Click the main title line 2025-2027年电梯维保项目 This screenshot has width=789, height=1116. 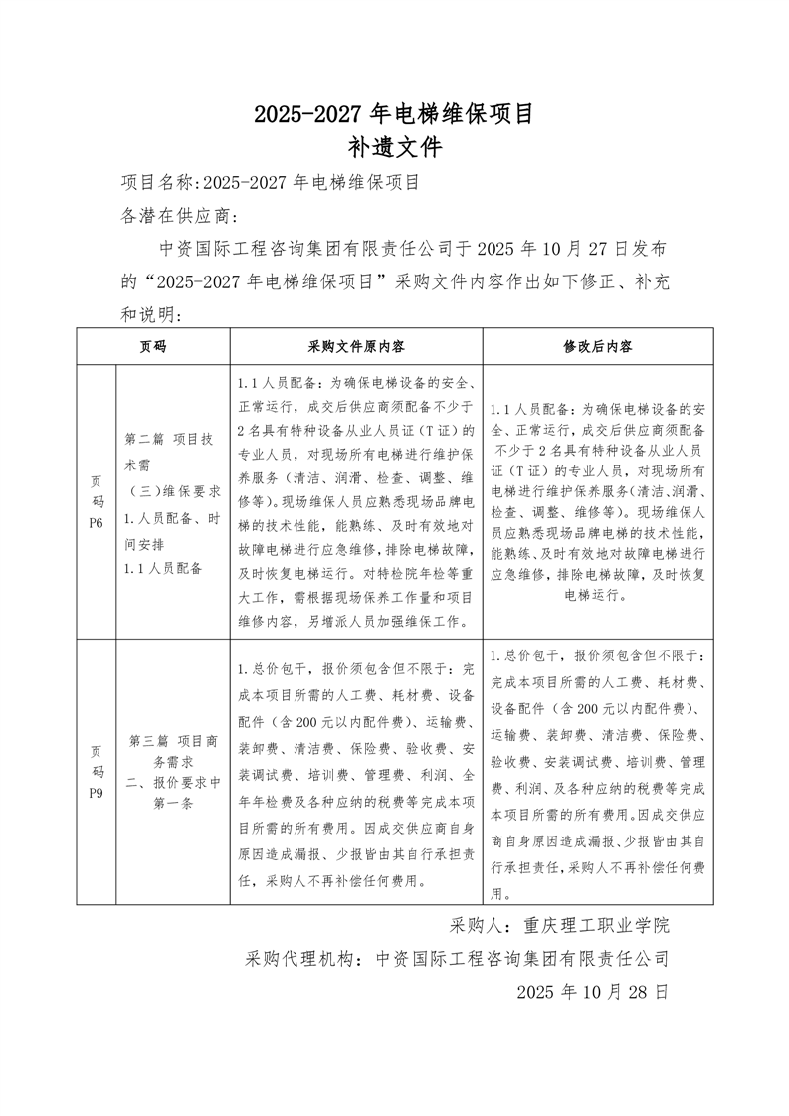click(x=394, y=114)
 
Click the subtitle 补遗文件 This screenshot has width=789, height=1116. click(x=394, y=148)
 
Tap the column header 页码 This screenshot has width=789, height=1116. click(x=153, y=346)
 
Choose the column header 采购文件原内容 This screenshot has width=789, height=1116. click(x=355, y=346)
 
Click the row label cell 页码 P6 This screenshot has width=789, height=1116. click(x=97, y=502)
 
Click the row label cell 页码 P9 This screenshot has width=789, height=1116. click(x=97, y=771)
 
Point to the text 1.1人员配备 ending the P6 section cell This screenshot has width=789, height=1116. click(x=163, y=568)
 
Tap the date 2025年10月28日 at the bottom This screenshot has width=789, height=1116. click(x=592, y=992)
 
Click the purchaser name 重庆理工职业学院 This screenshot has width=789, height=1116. click(x=597, y=925)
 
